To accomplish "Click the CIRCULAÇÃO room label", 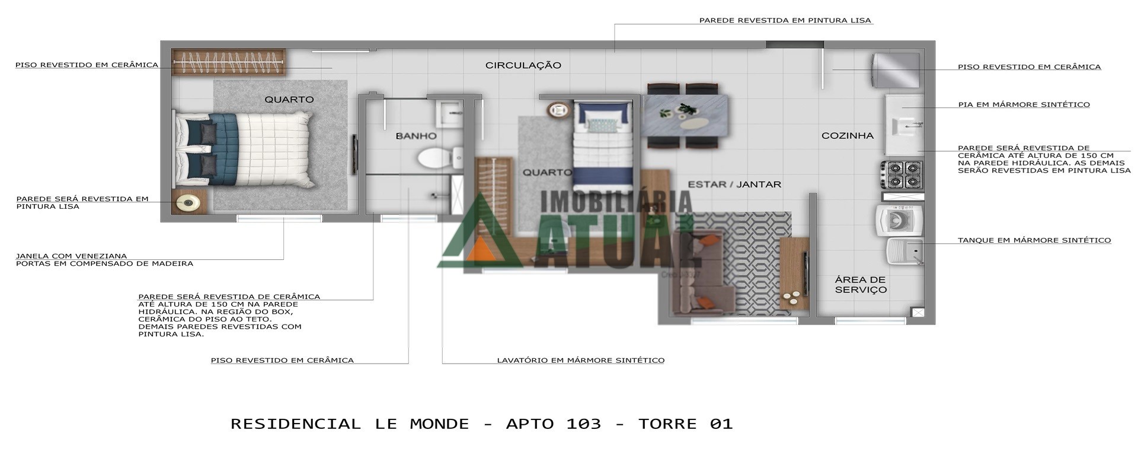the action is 523,65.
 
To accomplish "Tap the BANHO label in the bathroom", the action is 416,136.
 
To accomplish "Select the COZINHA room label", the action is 847,136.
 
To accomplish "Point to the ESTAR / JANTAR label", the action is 734,184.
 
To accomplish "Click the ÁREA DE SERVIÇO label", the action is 861,285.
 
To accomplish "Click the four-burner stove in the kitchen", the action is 901,175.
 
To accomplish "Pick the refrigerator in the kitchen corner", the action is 896,71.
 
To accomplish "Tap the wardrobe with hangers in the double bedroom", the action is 229,62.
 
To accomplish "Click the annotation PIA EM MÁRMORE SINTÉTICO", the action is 1024,105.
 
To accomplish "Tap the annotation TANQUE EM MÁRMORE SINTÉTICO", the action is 1034,241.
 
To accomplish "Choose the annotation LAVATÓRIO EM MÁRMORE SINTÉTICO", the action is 580,360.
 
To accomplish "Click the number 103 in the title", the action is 583,424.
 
